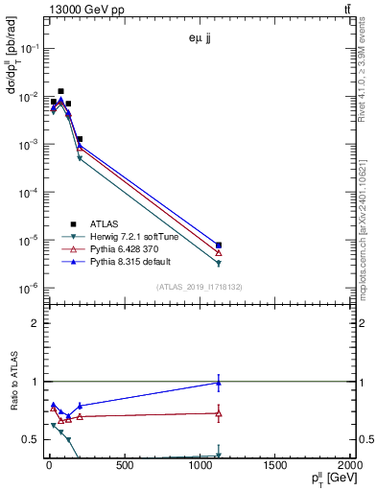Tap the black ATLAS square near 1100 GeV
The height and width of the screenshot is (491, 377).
[219, 245]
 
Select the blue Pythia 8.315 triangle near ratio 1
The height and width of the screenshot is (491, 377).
[219, 383]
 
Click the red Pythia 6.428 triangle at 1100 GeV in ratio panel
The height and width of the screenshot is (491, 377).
[219, 413]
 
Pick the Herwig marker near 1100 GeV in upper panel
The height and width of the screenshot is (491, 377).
[219, 263]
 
